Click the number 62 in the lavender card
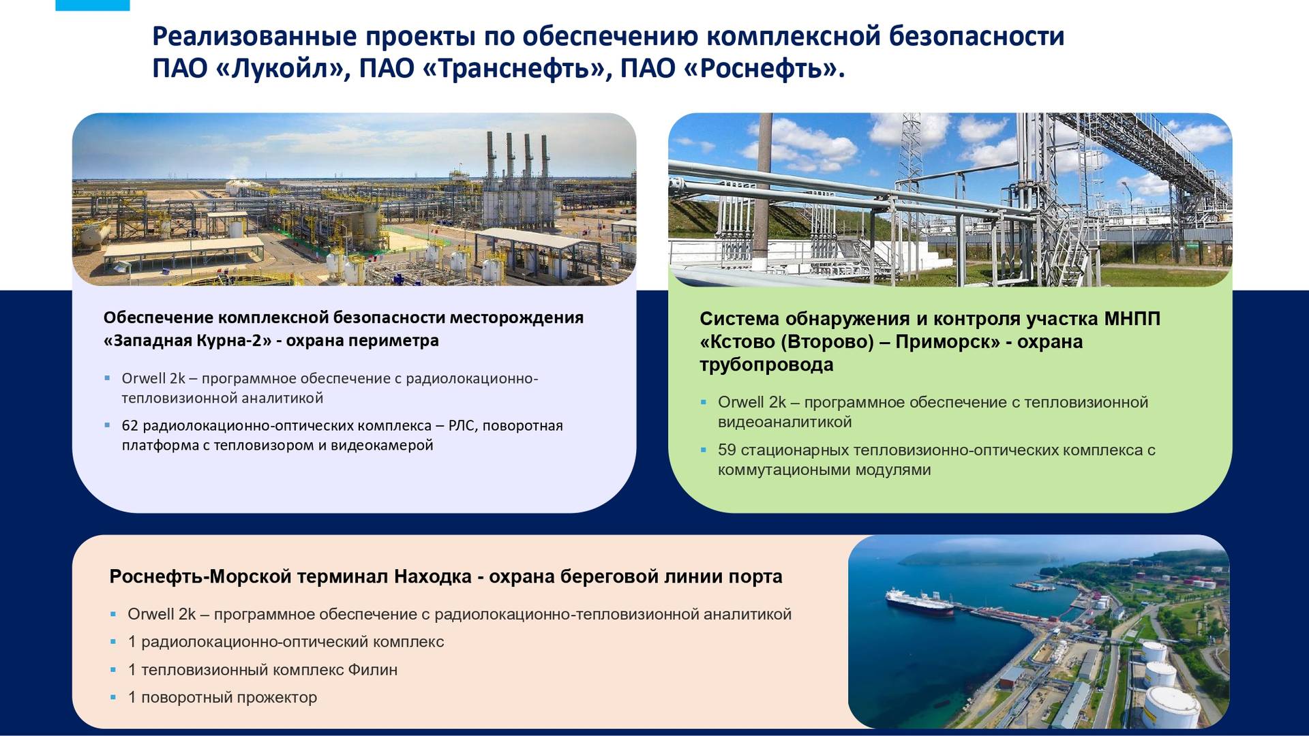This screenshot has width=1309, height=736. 130,426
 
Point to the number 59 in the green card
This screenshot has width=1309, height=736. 727,450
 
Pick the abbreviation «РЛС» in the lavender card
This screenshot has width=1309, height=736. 461,426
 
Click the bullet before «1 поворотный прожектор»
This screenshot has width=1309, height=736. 114,697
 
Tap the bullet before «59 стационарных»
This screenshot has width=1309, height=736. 704,450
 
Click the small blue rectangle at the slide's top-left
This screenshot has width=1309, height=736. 93,5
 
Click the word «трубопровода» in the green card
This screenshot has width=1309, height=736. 766,365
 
